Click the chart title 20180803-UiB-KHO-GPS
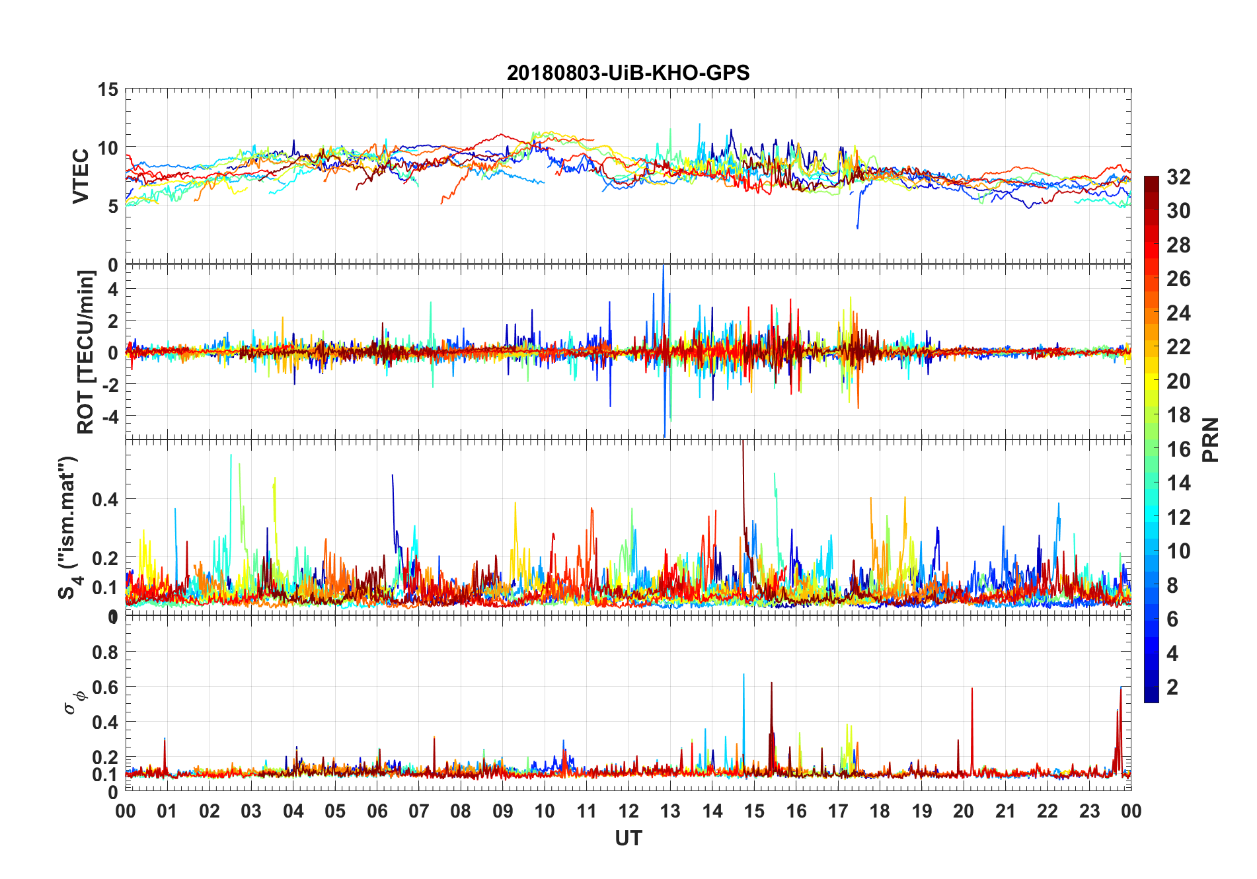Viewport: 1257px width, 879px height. (x=628, y=73)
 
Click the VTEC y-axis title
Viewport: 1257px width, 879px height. (x=81, y=176)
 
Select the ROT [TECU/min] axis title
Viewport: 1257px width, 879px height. (x=86, y=352)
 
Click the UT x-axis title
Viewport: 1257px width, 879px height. (x=628, y=839)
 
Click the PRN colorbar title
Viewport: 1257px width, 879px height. (x=1210, y=439)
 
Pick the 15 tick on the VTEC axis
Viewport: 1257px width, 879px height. (x=108, y=89)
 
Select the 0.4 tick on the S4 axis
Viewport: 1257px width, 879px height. (x=105, y=499)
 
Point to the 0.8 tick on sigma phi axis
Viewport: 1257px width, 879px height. (x=105, y=652)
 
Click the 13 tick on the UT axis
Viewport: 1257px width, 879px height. (x=670, y=811)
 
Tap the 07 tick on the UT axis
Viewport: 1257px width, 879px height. (x=419, y=811)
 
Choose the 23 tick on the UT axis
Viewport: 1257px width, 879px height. (x=1089, y=811)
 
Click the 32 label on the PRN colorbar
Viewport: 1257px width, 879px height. (x=1178, y=177)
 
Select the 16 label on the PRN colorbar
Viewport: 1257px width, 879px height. (x=1178, y=449)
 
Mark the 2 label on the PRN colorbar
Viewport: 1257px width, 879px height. (x=1172, y=687)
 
